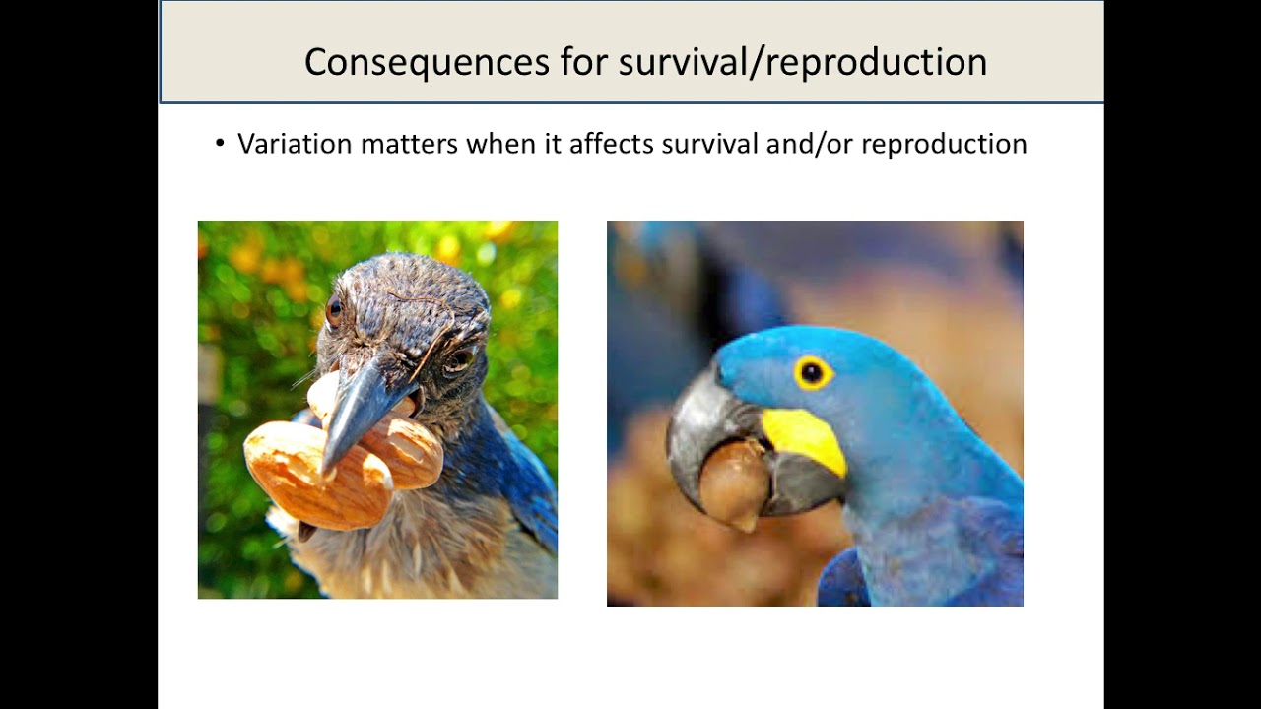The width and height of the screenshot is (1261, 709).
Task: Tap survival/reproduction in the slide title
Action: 802,62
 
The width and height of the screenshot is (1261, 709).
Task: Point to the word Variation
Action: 295,144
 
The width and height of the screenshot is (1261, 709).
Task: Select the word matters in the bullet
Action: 409,144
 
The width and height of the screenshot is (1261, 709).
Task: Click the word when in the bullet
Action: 498,144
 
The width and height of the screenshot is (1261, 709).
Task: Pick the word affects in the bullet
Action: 611,144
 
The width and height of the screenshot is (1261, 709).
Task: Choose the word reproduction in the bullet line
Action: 944,144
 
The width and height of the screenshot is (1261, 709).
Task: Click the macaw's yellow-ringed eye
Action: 813,372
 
